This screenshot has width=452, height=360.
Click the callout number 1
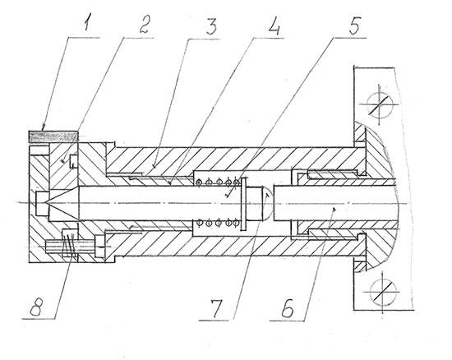(85, 24)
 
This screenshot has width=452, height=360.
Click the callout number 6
(288, 308)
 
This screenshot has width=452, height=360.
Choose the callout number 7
(216, 308)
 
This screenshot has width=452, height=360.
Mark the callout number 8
(37, 307)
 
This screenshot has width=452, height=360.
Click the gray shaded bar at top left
(53, 136)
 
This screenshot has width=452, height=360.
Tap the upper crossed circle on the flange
(380, 104)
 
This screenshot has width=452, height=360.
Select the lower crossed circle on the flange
(383, 292)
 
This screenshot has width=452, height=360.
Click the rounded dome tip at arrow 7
(267, 204)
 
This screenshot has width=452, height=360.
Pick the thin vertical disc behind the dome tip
(243, 204)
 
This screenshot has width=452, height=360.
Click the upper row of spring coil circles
(218, 182)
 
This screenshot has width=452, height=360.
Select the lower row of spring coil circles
(218, 223)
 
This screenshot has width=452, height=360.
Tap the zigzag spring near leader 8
(69, 245)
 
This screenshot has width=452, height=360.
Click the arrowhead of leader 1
(44, 127)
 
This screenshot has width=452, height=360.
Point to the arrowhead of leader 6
(334, 209)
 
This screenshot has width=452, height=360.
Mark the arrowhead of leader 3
(155, 165)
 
